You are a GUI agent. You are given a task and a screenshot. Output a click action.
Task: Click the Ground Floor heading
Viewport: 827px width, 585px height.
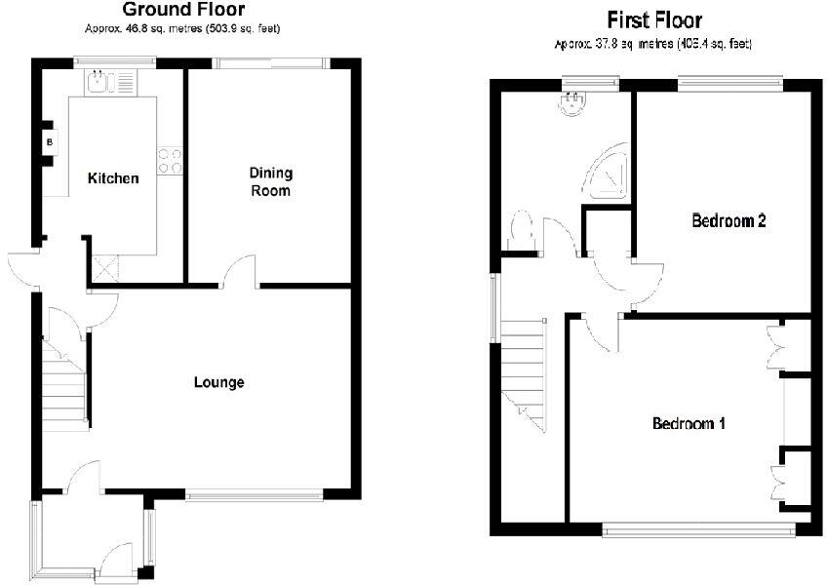[183, 11]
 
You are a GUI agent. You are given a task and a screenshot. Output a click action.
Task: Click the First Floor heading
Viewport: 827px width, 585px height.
[653, 19]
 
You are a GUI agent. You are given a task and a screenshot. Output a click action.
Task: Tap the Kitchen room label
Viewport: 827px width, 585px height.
[113, 178]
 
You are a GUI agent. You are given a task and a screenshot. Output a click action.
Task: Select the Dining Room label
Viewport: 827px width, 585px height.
[270, 182]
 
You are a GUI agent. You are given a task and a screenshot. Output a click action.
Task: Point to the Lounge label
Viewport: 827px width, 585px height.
[218, 382]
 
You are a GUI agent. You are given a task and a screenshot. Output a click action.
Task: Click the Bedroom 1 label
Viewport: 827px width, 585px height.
[689, 424]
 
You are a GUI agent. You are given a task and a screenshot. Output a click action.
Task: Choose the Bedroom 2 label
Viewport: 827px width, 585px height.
[728, 220]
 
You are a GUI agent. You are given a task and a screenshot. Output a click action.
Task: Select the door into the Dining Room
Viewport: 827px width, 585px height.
[240, 272]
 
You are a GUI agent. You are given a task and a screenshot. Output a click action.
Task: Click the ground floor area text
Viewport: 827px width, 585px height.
[183, 29]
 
